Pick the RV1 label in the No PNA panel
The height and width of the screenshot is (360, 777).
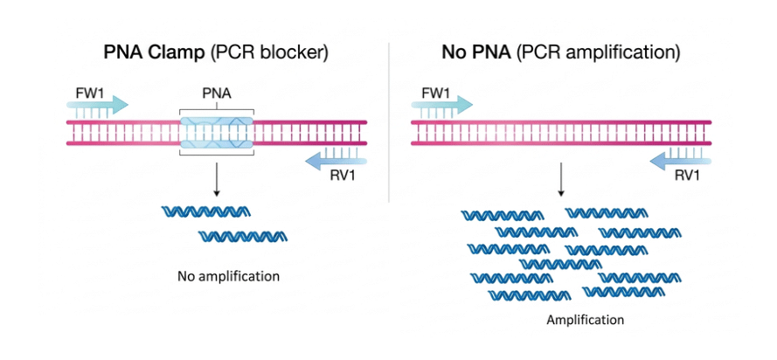pos(688,176)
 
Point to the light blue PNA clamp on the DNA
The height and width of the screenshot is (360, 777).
pos(216,133)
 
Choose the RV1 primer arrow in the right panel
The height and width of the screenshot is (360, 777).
pos(681,158)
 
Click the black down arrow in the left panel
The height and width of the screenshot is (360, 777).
pos(216,181)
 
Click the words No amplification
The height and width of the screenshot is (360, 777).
pos(228,276)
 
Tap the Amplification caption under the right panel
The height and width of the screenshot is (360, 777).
pos(585,320)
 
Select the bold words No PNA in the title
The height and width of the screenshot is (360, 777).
pos(476,52)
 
